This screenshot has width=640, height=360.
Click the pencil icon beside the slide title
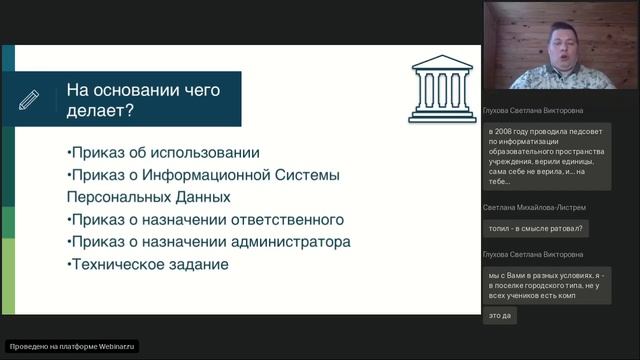tap(28, 99)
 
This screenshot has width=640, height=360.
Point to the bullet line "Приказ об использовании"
tap(163, 153)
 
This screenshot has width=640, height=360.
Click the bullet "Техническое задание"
tap(147, 264)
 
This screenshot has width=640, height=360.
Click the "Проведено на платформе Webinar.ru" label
tap(72, 346)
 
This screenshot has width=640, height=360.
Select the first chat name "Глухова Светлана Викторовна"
tap(532, 111)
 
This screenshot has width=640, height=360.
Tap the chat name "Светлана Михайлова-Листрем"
tap(534, 207)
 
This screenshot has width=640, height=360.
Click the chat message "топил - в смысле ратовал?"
tap(536, 228)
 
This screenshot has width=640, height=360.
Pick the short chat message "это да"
tap(500, 316)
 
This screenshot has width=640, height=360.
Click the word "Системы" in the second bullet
tap(310, 175)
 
